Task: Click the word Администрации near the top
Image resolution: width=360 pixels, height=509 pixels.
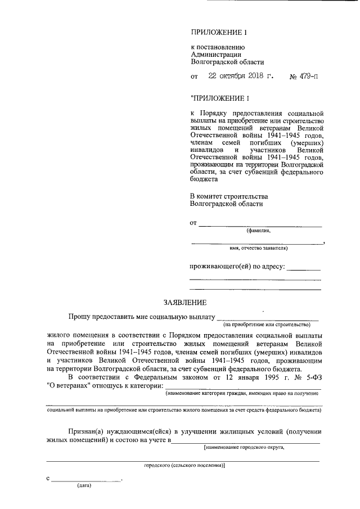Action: (x=217, y=55)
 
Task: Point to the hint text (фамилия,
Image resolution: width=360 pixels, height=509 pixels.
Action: (x=258, y=231)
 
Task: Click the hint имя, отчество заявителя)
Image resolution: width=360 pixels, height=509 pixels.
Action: (x=259, y=247)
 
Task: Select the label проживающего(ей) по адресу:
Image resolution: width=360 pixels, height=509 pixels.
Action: (x=237, y=266)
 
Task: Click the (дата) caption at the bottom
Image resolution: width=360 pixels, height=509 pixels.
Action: (x=85, y=487)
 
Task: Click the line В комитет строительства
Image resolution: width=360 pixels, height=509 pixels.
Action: (x=228, y=196)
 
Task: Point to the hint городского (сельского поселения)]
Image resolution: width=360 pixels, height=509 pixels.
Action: (x=184, y=466)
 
